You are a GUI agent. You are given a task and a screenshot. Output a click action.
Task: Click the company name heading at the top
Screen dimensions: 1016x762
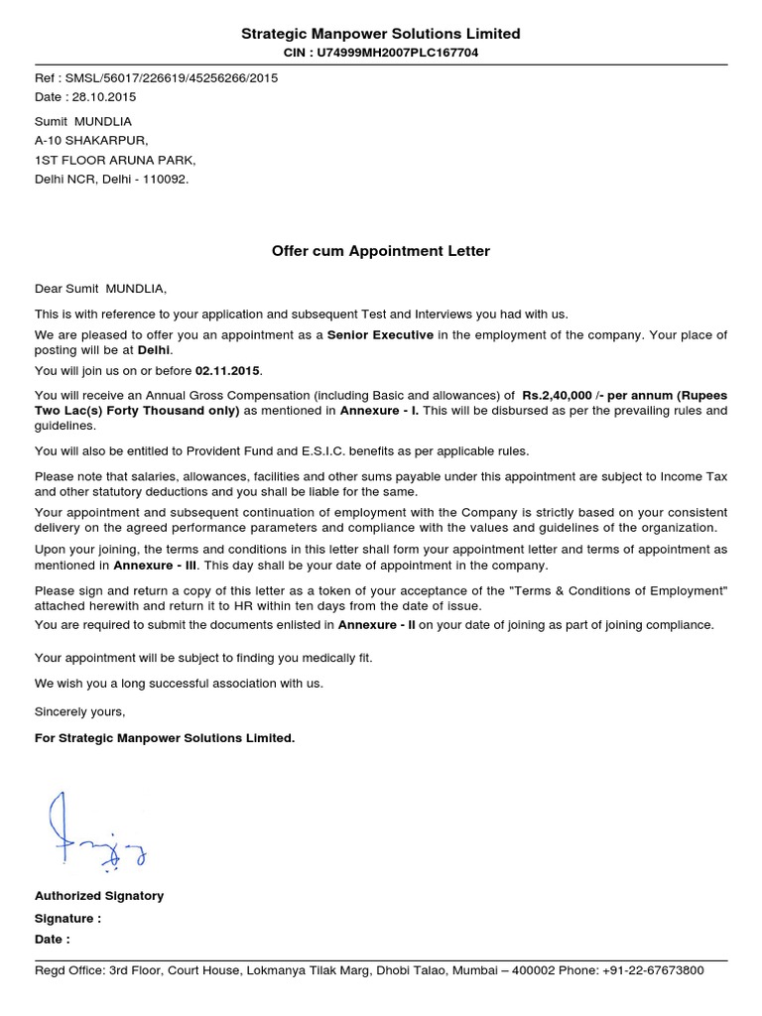point(381,34)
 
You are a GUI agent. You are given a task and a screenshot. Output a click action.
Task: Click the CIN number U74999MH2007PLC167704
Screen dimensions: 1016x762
point(395,53)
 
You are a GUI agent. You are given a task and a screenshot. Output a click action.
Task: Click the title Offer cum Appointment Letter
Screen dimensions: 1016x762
point(381,251)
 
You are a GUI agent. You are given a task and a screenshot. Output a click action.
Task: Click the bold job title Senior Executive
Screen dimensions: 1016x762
point(380,334)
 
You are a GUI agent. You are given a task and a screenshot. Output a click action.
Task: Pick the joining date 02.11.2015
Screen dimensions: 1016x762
point(228,370)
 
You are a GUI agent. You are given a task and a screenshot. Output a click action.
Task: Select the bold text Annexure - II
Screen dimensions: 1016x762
point(377,624)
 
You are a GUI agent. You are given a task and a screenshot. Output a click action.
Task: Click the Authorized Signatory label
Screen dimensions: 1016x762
point(99,895)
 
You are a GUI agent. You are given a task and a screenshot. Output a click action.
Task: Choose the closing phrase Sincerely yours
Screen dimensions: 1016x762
point(80,711)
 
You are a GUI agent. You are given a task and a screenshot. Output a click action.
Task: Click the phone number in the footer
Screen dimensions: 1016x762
point(653,970)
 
